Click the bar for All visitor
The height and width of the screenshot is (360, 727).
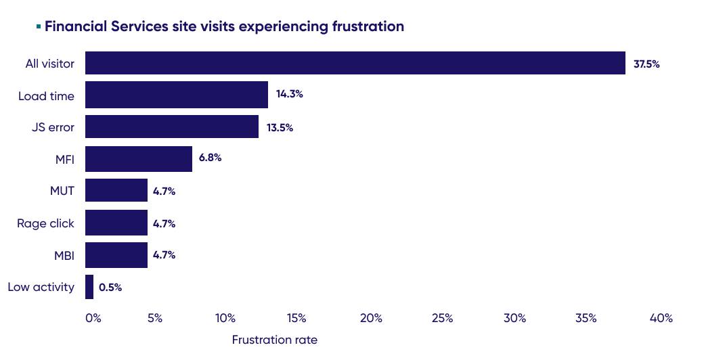tap(355, 63)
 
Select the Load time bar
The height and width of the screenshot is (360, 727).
tap(177, 95)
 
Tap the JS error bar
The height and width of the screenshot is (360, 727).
tap(172, 127)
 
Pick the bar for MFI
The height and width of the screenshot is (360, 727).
tap(139, 158)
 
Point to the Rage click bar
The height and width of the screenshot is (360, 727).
tap(116, 223)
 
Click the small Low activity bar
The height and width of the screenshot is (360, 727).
tap(89, 287)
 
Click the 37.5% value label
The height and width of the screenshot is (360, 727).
tap(646, 64)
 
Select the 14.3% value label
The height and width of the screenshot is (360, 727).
tap(289, 94)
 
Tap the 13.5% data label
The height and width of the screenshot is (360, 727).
tap(280, 127)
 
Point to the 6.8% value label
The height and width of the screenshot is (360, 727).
tap(210, 158)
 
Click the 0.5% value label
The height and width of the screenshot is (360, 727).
tap(110, 288)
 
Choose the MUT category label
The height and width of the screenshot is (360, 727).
tap(62, 192)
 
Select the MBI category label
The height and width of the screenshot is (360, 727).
tap(64, 255)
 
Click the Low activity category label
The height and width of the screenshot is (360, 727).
tap(41, 287)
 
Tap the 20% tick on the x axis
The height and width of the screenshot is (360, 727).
tap(371, 318)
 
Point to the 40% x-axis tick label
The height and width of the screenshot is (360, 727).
tap(661, 318)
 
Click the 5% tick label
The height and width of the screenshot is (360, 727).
tap(154, 318)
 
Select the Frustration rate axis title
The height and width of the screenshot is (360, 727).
tap(274, 340)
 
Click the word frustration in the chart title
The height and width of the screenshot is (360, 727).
tap(368, 27)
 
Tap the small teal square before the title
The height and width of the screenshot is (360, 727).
tap(39, 26)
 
